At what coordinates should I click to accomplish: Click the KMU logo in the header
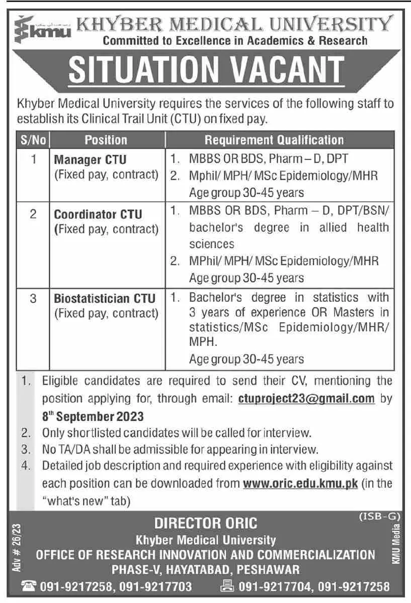[43, 29]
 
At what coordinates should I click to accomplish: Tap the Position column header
[106, 139]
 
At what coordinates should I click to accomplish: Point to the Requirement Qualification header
[274, 139]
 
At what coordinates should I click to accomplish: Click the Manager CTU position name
[91, 160]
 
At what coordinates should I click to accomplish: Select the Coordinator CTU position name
[98, 214]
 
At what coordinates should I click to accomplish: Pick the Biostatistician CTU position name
[105, 299]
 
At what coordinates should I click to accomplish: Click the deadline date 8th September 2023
[93, 417]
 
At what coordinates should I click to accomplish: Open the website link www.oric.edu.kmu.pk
[300, 484]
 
